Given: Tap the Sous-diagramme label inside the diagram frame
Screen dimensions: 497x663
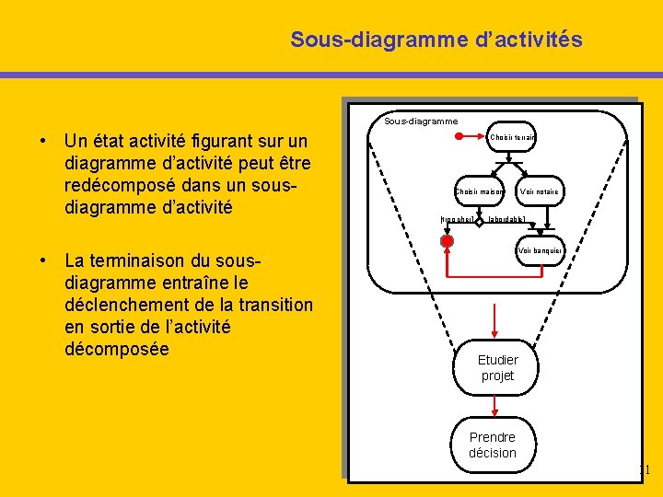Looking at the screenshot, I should click(x=421, y=121).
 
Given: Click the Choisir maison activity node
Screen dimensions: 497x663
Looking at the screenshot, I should click(x=480, y=191).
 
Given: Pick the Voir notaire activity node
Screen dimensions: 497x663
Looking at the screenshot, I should click(x=539, y=191).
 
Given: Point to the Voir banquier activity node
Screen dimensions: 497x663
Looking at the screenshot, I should click(x=540, y=250).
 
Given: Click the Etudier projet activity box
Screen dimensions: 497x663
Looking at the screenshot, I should click(x=497, y=367).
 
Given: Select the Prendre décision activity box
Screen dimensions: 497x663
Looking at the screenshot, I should click(x=493, y=445).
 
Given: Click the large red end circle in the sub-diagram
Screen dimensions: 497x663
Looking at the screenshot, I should click(x=447, y=241).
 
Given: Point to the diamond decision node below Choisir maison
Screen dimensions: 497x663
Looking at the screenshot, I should click(x=480, y=221).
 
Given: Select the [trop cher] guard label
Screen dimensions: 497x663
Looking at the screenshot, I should click(x=457, y=220).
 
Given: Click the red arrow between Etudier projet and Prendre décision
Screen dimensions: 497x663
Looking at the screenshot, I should click(x=495, y=406).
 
